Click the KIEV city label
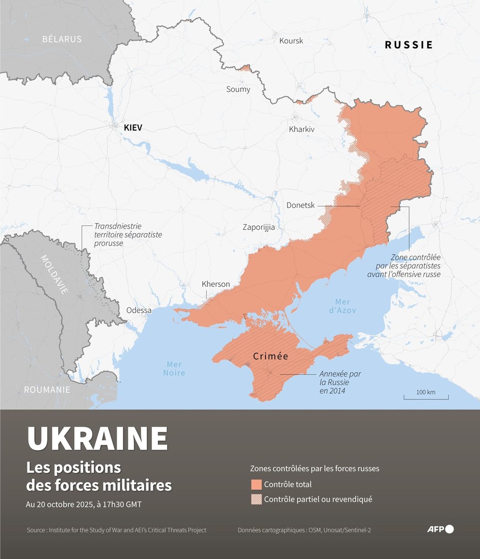pyautogui.click(x=133, y=128)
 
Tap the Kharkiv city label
pyautogui.click(x=301, y=129)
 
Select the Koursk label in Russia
pyautogui.click(x=291, y=41)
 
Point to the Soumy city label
pyautogui.click(x=238, y=89)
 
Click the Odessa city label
pyautogui.click(x=139, y=310)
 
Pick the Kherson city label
pyautogui.click(x=216, y=284)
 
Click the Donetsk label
pyautogui.click(x=300, y=205)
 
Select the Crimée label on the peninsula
pyautogui.click(x=271, y=356)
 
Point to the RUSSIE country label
pyautogui.click(x=409, y=45)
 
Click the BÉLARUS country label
pyautogui.click(x=62, y=39)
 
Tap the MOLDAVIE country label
pyautogui.click(x=54, y=274)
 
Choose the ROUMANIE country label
pyautogui.click(x=47, y=390)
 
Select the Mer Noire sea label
pyautogui.click(x=174, y=368)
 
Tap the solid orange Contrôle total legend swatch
pyautogui.click(x=256, y=484)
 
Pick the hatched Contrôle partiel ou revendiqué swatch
pyautogui.click(x=256, y=499)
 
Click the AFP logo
pyautogui.click(x=440, y=529)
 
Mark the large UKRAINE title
pyautogui.click(x=97, y=438)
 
